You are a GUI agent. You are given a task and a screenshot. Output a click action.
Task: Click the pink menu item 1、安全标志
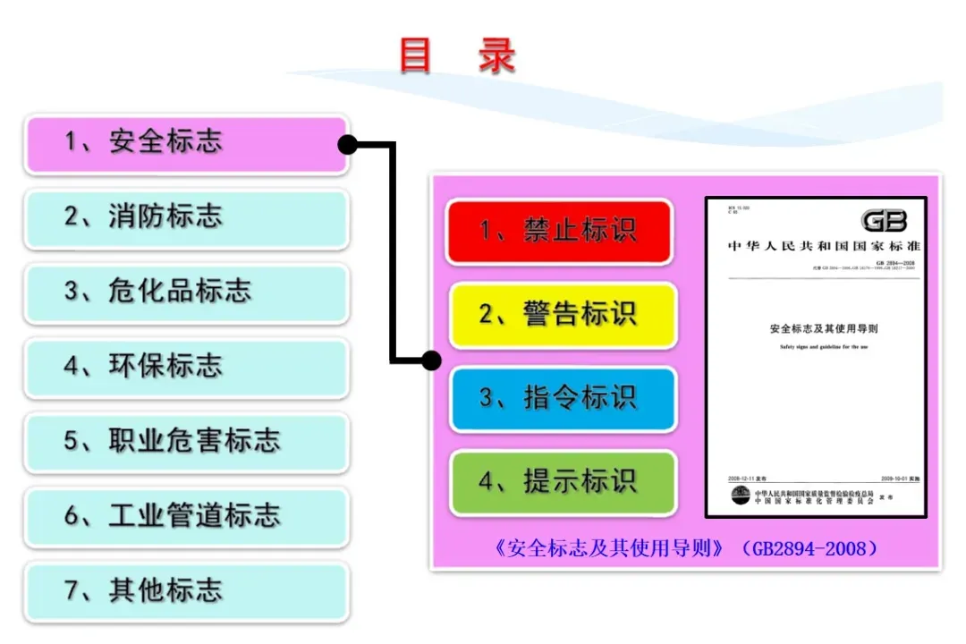click(186, 142)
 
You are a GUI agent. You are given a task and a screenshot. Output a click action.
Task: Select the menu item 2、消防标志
click(186, 217)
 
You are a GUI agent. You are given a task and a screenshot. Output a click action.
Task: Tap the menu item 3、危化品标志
click(186, 292)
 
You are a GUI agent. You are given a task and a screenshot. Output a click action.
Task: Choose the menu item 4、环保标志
click(186, 367)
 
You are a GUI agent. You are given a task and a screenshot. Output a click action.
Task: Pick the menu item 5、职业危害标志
click(186, 442)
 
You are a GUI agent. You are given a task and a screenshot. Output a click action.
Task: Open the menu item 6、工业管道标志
click(186, 517)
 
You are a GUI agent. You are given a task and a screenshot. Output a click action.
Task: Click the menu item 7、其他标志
click(186, 591)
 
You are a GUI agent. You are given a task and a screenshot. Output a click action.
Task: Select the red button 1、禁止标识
click(559, 232)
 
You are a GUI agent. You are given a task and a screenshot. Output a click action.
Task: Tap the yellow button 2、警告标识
click(562, 315)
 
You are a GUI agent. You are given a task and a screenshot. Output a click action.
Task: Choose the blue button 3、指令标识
click(562, 399)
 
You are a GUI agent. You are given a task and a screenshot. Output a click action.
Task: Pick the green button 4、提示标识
click(562, 483)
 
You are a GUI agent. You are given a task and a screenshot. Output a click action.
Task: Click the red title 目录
click(457, 55)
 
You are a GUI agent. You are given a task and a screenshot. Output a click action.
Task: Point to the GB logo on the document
click(884, 221)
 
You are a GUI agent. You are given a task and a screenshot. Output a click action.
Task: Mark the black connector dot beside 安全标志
click(347, 144)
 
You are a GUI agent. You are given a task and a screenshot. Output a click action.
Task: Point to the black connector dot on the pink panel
click(431, 360)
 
